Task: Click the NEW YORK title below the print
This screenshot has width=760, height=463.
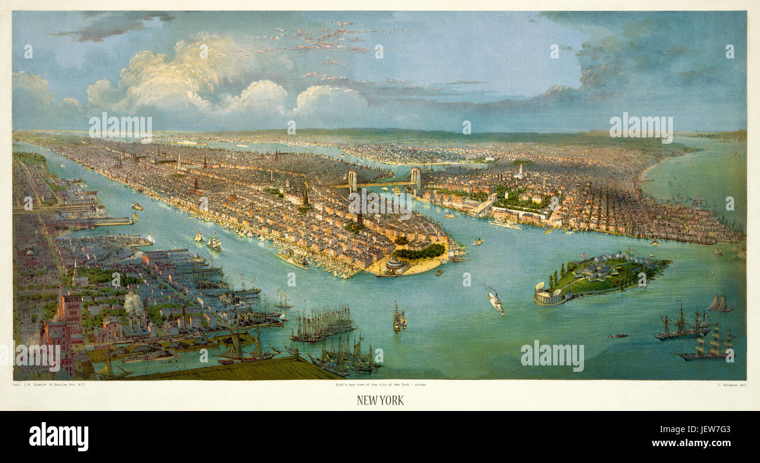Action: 380,400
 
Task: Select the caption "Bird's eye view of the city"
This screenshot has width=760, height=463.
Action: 379,385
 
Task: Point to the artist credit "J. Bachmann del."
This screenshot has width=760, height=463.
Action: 731,385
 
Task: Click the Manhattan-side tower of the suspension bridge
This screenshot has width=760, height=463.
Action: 353,181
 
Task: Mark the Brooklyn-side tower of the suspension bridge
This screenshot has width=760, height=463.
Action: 415,178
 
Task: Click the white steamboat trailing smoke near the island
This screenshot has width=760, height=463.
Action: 495,303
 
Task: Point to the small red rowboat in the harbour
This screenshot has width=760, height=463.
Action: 617,336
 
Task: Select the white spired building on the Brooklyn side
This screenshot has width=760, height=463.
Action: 519,171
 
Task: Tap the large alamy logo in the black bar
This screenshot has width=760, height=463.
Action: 58,437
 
